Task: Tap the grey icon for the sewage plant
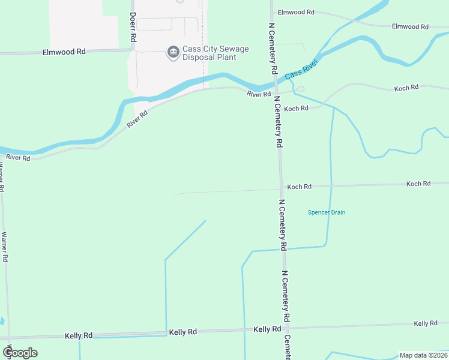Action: coord(173,53)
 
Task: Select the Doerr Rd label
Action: coord(133,28)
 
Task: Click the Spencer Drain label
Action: coord(327,212)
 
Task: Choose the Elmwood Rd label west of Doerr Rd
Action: coord(64,52)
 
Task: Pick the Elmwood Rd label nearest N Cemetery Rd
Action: coord(297,12)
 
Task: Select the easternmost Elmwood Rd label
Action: coord(410,27)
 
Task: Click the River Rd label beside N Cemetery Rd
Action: coord(259,94)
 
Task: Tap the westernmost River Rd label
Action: coord(18,158)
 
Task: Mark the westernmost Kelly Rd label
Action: coord(79,335)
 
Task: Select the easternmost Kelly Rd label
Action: coord(426,323)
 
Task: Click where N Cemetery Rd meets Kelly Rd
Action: coord(287,328)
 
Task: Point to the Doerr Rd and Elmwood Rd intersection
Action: coord(133,52)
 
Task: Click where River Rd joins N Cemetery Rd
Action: coord(276,94)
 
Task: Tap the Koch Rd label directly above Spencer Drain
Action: coord(299,187)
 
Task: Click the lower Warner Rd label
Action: coord(5,247)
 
